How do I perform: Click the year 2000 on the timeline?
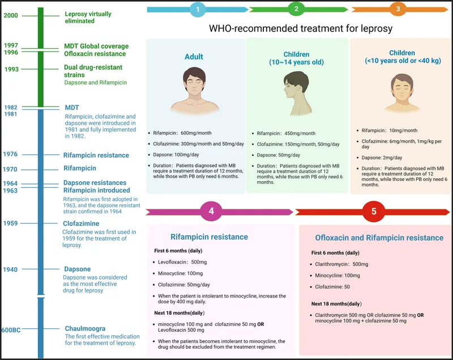[10, 15]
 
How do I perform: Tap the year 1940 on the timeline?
[10, 269]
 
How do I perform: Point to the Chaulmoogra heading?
[85, 328]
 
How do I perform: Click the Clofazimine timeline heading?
[85, 224]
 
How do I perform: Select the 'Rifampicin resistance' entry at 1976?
[96, 155]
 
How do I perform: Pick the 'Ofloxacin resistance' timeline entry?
[95, 54]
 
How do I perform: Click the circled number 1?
[198, 9]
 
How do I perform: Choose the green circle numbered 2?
[296, 9]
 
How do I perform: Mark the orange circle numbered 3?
[398, 9]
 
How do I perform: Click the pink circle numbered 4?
[211, 212]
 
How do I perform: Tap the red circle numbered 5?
[374, 212]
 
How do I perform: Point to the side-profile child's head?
[293, 85]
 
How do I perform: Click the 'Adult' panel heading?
[194, 57]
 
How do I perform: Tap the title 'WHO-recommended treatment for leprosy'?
[301, 28]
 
